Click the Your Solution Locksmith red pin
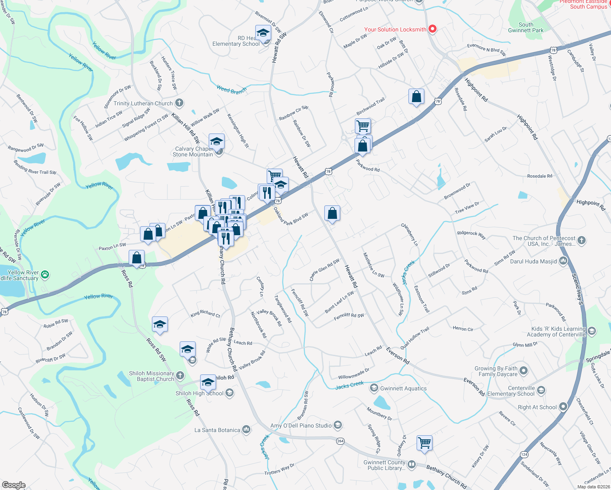pyautogui.click(x=433, y=29)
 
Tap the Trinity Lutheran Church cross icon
pyautogui.click(x=179, y=103)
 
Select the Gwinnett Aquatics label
pyautogui.click(x=403, y=388)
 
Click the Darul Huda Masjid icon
pyautogui.click(x=564, y=261)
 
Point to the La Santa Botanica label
pyautogui.click(x=217, y=430)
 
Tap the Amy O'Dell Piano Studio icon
pyautogui.click(x=337, y=425)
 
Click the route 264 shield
pyautogui.click(x=340, y=441)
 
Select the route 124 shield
pyautogui.click(x=524, y=454)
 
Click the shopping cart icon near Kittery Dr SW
pyautogui.click(x=424, y=442)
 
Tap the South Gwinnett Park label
pyautogui.click(x=526, y=27)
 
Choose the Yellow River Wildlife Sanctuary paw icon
pyautogui.click(x=45, y=275)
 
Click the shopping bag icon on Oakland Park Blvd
pyautogui.click(x=332, y=213)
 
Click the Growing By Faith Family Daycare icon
pyautogui.click(x=524, y=371)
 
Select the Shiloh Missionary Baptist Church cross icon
pyautogui.click(x=180, y=375)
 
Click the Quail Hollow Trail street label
pyautogui.click(x=415, y=338)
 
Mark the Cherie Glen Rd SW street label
pyautogui.click(x=324, y=270)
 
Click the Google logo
pyautogui.click(x=14, y=485)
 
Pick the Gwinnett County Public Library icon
pyautogui.click(x=412, y=465)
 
